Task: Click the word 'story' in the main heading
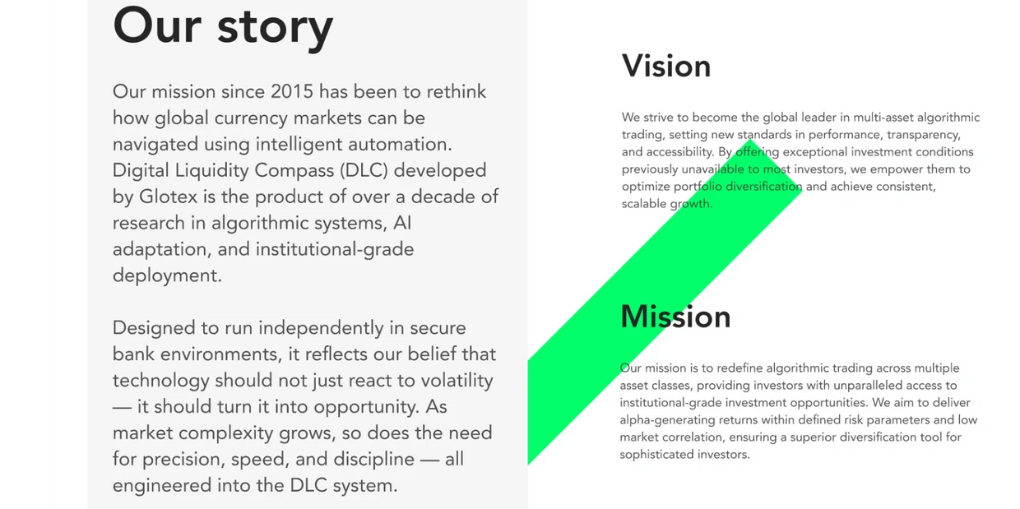(275, 29)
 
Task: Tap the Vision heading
(666, 67)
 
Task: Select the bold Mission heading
(675, 317)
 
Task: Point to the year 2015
(292, 91)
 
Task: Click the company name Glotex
(168, 197)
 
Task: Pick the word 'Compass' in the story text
(294, 171)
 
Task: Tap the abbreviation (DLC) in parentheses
(364, 171)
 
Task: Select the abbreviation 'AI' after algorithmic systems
(402, 223)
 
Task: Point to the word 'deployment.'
(167, 276)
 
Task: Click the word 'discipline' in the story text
(373, 460)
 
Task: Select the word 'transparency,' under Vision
(924, 135)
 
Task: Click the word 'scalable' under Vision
(643, 204)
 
